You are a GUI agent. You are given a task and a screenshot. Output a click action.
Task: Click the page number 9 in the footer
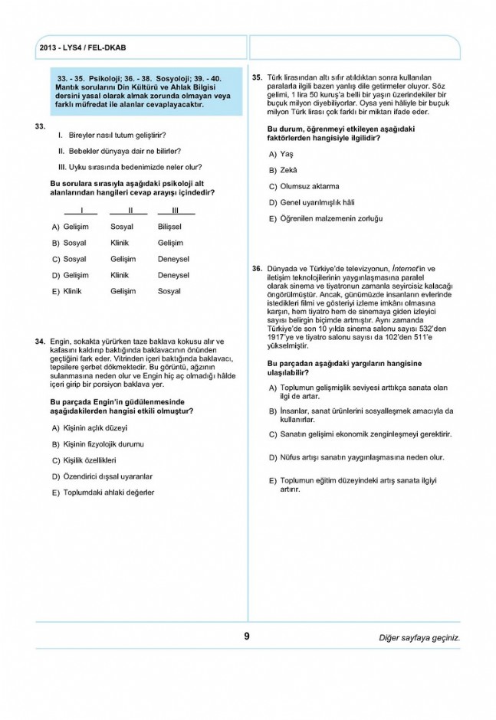(247, 636)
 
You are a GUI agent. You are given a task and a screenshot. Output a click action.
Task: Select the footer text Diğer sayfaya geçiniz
(419, 637)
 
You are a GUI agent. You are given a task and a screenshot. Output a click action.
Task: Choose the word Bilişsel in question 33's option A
(169, 227)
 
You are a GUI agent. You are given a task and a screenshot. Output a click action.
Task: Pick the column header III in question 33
(175, 211)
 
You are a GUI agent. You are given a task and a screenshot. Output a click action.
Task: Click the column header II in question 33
(130, 211)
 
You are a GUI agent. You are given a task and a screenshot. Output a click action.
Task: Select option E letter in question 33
(55, 292)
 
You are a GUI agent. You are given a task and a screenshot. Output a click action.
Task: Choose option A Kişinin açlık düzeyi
(95, 427)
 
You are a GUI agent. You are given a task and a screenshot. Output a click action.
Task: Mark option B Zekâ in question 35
(287, 170)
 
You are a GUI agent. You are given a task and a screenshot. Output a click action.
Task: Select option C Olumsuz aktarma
(309, 186)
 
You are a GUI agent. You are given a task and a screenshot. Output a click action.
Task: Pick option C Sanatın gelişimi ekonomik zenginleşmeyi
(365, 434)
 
